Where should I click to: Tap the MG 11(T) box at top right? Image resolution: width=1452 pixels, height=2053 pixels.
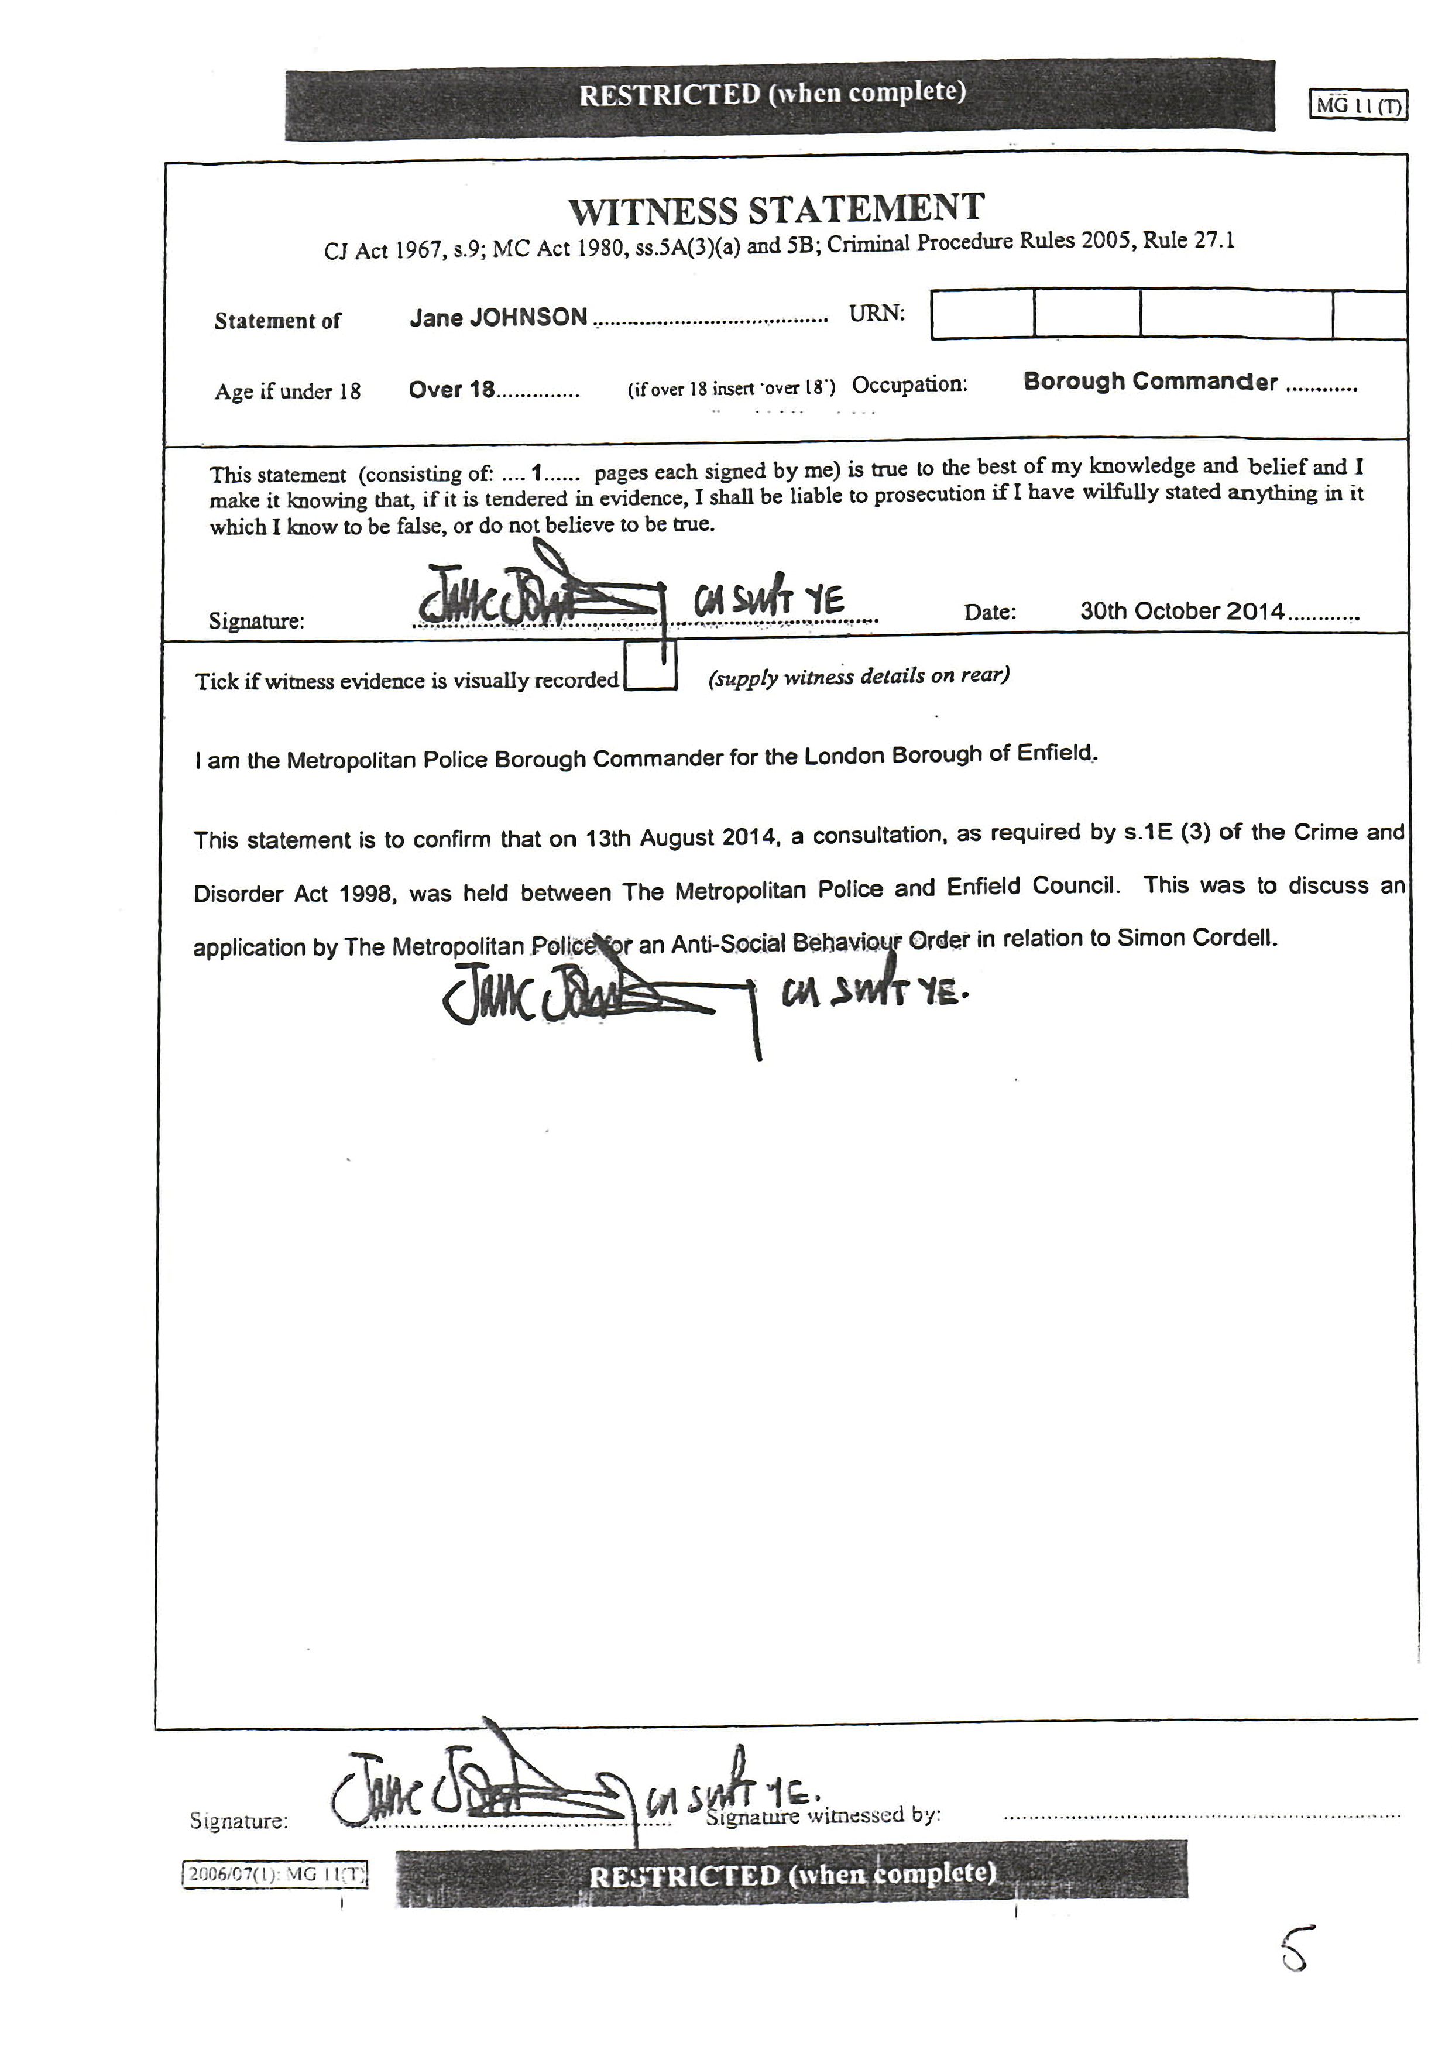(1358, 105)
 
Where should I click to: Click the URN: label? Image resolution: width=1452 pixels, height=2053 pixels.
(876, 314)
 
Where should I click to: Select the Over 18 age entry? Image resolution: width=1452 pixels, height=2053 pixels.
(451, 390)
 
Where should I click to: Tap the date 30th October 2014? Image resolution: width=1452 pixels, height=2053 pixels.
(1181, 612)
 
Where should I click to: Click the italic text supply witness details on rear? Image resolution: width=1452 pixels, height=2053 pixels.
(859, 676)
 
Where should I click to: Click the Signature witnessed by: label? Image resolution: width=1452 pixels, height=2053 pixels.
(822, 1816)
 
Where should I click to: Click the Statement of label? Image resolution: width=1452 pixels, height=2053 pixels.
(277, 321)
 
